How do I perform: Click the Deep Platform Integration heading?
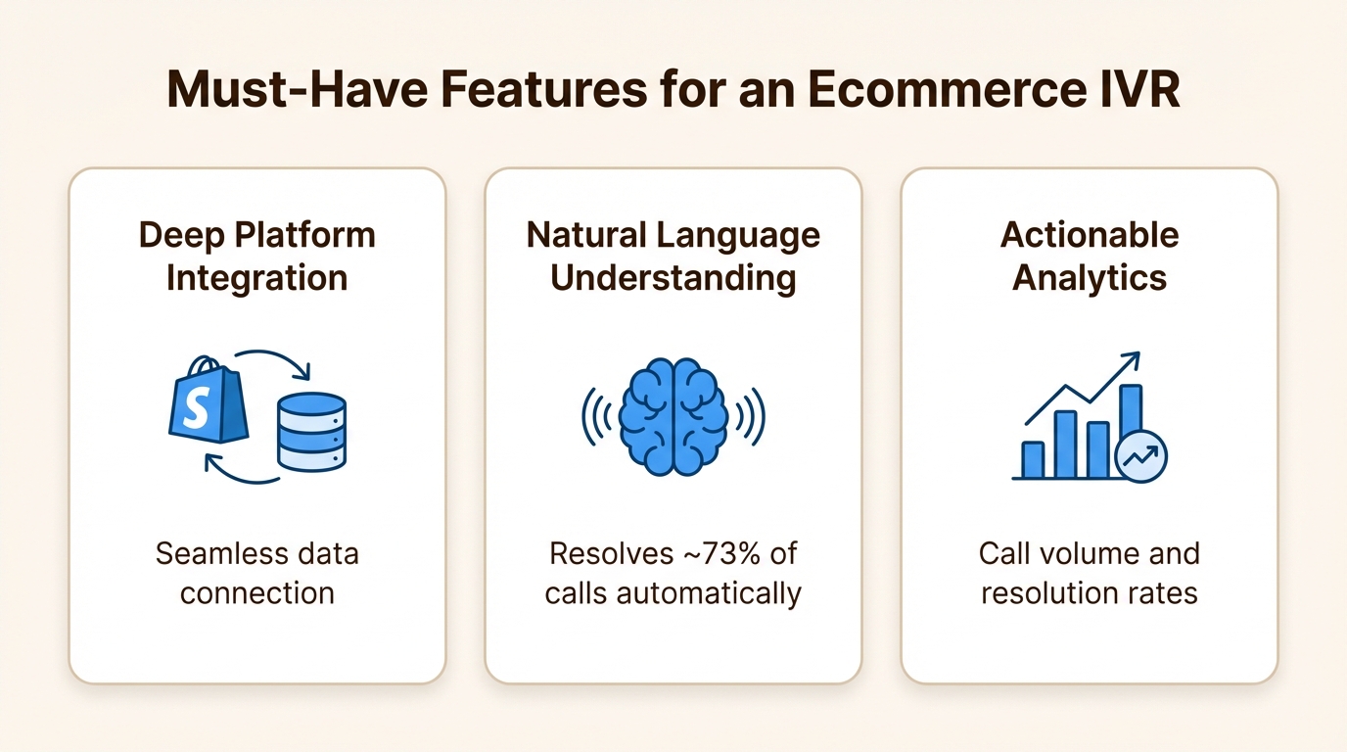(256, 257)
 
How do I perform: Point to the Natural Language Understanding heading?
(673, 257)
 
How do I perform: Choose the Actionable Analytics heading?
(1090, 257)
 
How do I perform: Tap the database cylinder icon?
(311, 432)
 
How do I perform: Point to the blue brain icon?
(673, 416)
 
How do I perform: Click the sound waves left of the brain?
(596, 416)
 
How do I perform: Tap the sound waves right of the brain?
(751, 416)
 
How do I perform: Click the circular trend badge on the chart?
(1141, 456)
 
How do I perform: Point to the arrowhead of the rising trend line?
(1133, 359)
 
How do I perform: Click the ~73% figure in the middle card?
(719, 553)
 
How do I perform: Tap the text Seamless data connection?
(256, 573)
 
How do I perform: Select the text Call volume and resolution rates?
(1090, 573)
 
